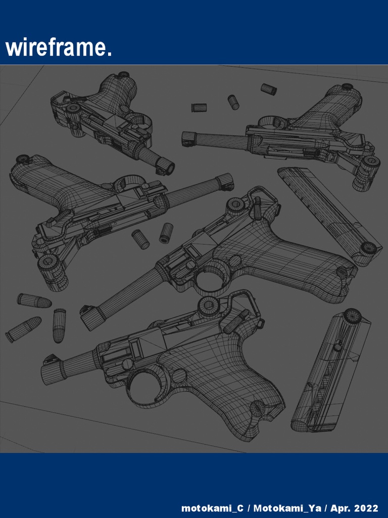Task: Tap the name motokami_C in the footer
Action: tap(212, 508)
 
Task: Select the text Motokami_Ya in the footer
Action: tap(287, 508)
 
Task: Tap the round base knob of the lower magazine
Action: tap(352, 316)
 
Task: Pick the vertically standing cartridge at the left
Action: tap(59, 325)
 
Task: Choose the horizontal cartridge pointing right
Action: tap(34, 301)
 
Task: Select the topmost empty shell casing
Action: tap(268, 89)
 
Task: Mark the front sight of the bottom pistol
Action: tap(50, 359)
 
